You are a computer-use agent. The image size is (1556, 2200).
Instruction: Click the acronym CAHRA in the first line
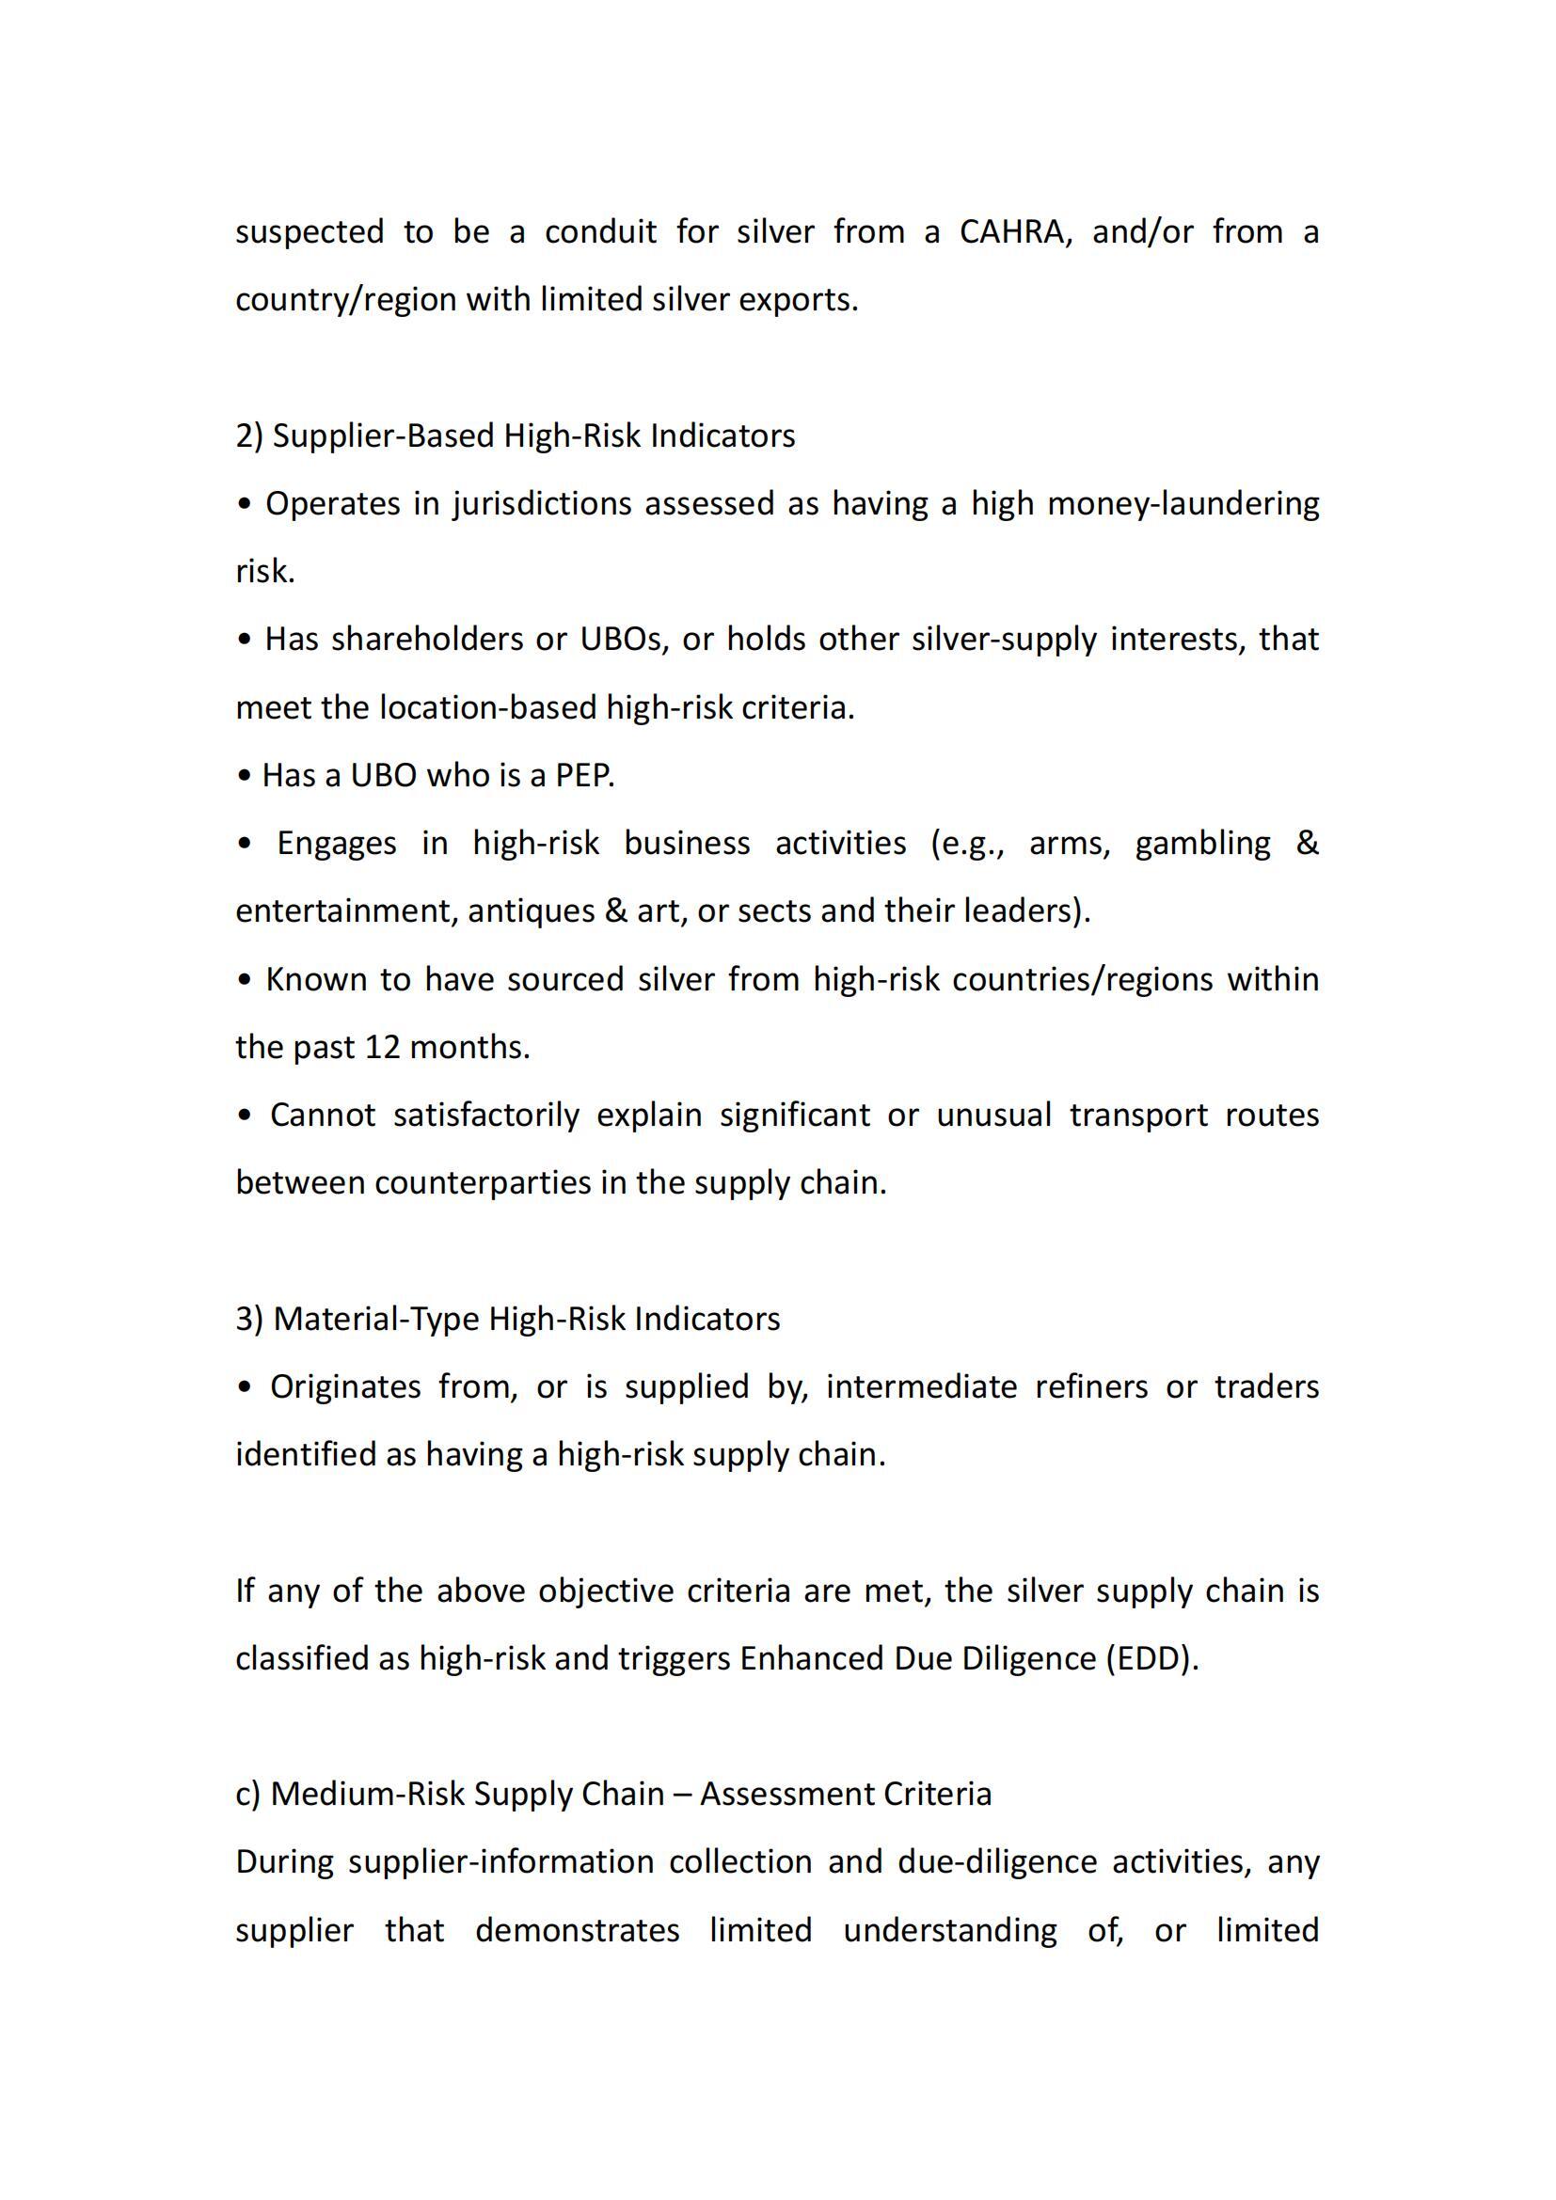(x=1012, y=232)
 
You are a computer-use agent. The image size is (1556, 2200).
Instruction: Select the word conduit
(x=601, y=232)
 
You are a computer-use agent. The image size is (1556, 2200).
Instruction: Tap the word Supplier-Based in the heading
(x=383, y=436)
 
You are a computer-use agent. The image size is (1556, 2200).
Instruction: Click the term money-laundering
(x=1183, y=504)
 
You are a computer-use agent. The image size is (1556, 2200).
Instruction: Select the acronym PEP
(x=584, y=775)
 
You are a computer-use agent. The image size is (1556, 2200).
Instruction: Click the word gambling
(x=1202, y=843)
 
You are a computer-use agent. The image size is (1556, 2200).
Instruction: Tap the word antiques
(x=531, y=911)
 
